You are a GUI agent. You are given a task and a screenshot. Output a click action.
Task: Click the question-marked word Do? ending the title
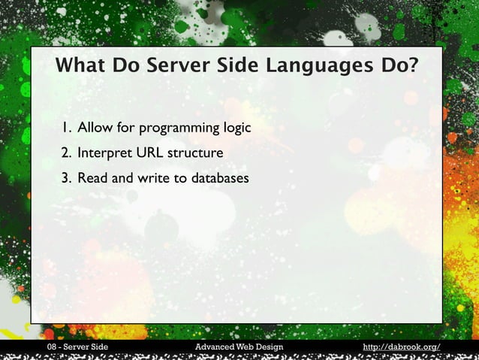pyautogui.click(x=398, y=66)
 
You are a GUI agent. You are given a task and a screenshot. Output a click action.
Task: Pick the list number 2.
pyautogui.click(x=67, y=153)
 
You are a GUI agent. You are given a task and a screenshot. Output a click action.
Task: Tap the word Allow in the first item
pyautogui.click(x=95, y=127)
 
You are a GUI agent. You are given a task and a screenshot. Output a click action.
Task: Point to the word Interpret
pyautogui.click(x=105, y=154)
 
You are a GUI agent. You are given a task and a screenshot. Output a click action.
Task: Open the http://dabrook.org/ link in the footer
pyautogui.click(x=401, y=346)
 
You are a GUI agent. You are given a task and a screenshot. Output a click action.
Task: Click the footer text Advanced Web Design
pyautogui.click(x=239, y=346)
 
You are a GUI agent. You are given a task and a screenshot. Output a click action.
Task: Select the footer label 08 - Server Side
pyautogui.click(x=77, y=346)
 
